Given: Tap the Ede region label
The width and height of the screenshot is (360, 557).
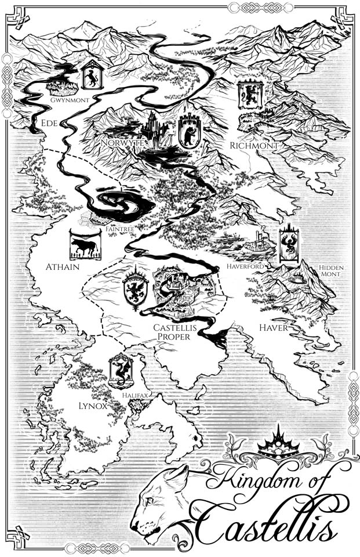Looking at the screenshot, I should point(48,123).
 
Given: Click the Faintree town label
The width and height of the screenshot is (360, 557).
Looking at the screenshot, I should point(120,230).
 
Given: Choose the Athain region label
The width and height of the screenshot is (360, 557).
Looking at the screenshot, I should point(62,267).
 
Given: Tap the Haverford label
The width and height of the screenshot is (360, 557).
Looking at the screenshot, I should point(246,266).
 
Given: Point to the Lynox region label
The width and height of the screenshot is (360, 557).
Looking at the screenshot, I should point(93,406).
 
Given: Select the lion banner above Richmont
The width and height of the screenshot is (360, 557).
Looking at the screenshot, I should point(250,95).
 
